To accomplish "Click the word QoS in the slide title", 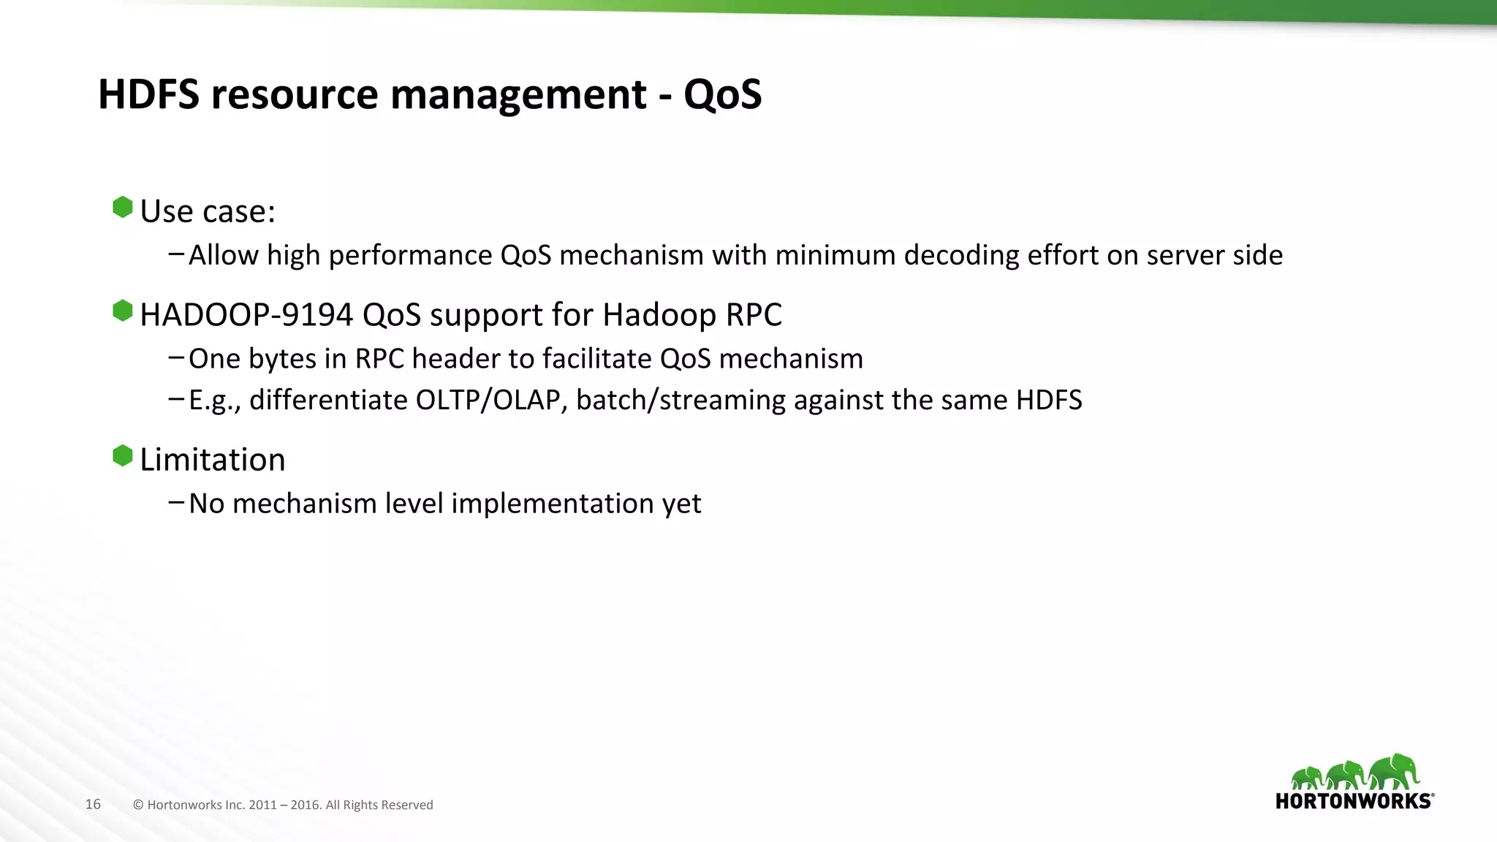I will click(722, 94).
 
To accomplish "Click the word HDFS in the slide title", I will click(148, 94).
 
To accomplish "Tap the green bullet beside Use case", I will click(123, 208).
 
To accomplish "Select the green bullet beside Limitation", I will click(123, 456).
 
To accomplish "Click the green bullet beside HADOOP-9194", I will click(123, 311).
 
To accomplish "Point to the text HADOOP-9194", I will click(246, 315).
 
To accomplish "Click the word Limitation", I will click(212, 460).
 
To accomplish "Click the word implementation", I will click(569, 504).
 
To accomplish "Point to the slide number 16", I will click(93, 804).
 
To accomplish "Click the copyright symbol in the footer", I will click(138, 805).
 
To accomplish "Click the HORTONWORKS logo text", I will click(1354, 801).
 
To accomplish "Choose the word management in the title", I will click(518, 94).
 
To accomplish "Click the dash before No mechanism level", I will click(175, 502).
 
